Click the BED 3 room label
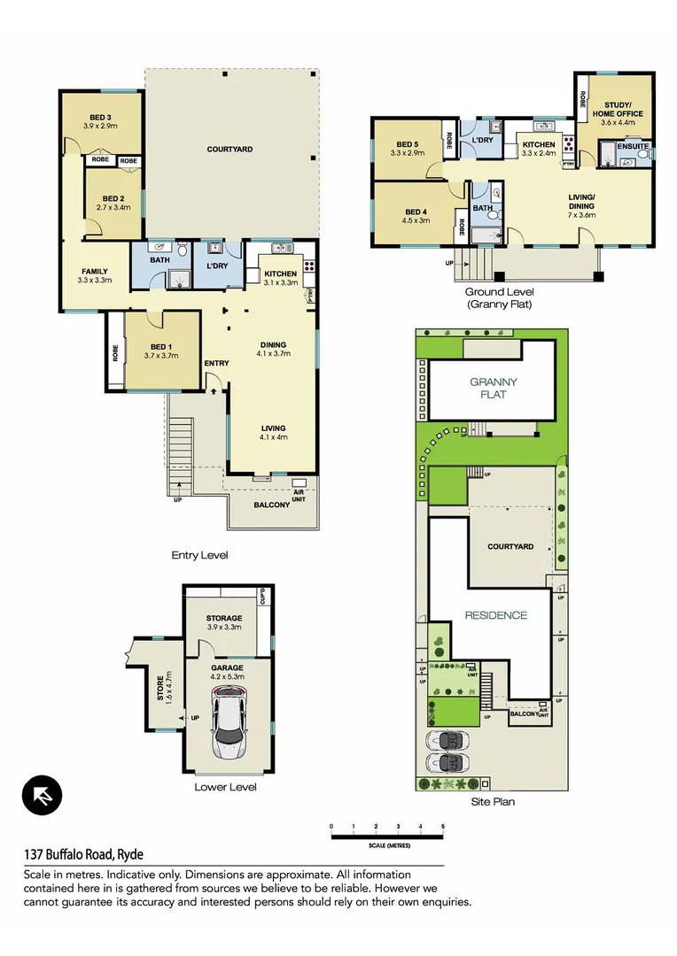(100, 118)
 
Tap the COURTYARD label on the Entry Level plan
(230, 150)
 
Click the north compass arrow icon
(43, 794)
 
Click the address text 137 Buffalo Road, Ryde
(83, 854)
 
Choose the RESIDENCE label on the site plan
(496, 615)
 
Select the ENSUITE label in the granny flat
(633, 146)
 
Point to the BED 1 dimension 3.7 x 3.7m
(160, 356)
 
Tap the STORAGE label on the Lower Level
(224, 619)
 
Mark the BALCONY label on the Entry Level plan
(271, 505)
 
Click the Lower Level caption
(224, 786)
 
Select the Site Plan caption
(493, 802)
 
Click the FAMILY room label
(95, 272)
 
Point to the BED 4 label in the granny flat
(416, 212)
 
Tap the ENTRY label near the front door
(216, 363)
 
